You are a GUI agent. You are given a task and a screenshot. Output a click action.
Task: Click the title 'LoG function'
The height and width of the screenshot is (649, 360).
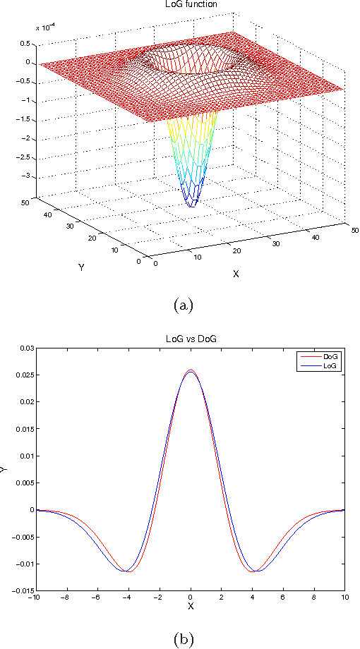tap(191, 4)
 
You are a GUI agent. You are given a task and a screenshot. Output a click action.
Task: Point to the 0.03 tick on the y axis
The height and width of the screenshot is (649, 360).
tap(25, 348)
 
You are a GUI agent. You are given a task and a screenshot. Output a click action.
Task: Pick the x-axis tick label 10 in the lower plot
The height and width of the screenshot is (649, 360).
tap(344, 598)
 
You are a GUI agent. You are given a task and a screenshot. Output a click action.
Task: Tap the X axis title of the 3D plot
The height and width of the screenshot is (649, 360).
tap(236, 274)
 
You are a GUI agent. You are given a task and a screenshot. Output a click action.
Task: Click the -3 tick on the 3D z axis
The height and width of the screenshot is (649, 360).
tap(28, 178)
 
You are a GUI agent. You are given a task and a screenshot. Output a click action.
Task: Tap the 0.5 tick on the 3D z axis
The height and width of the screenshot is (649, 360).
tap(25, 43)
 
